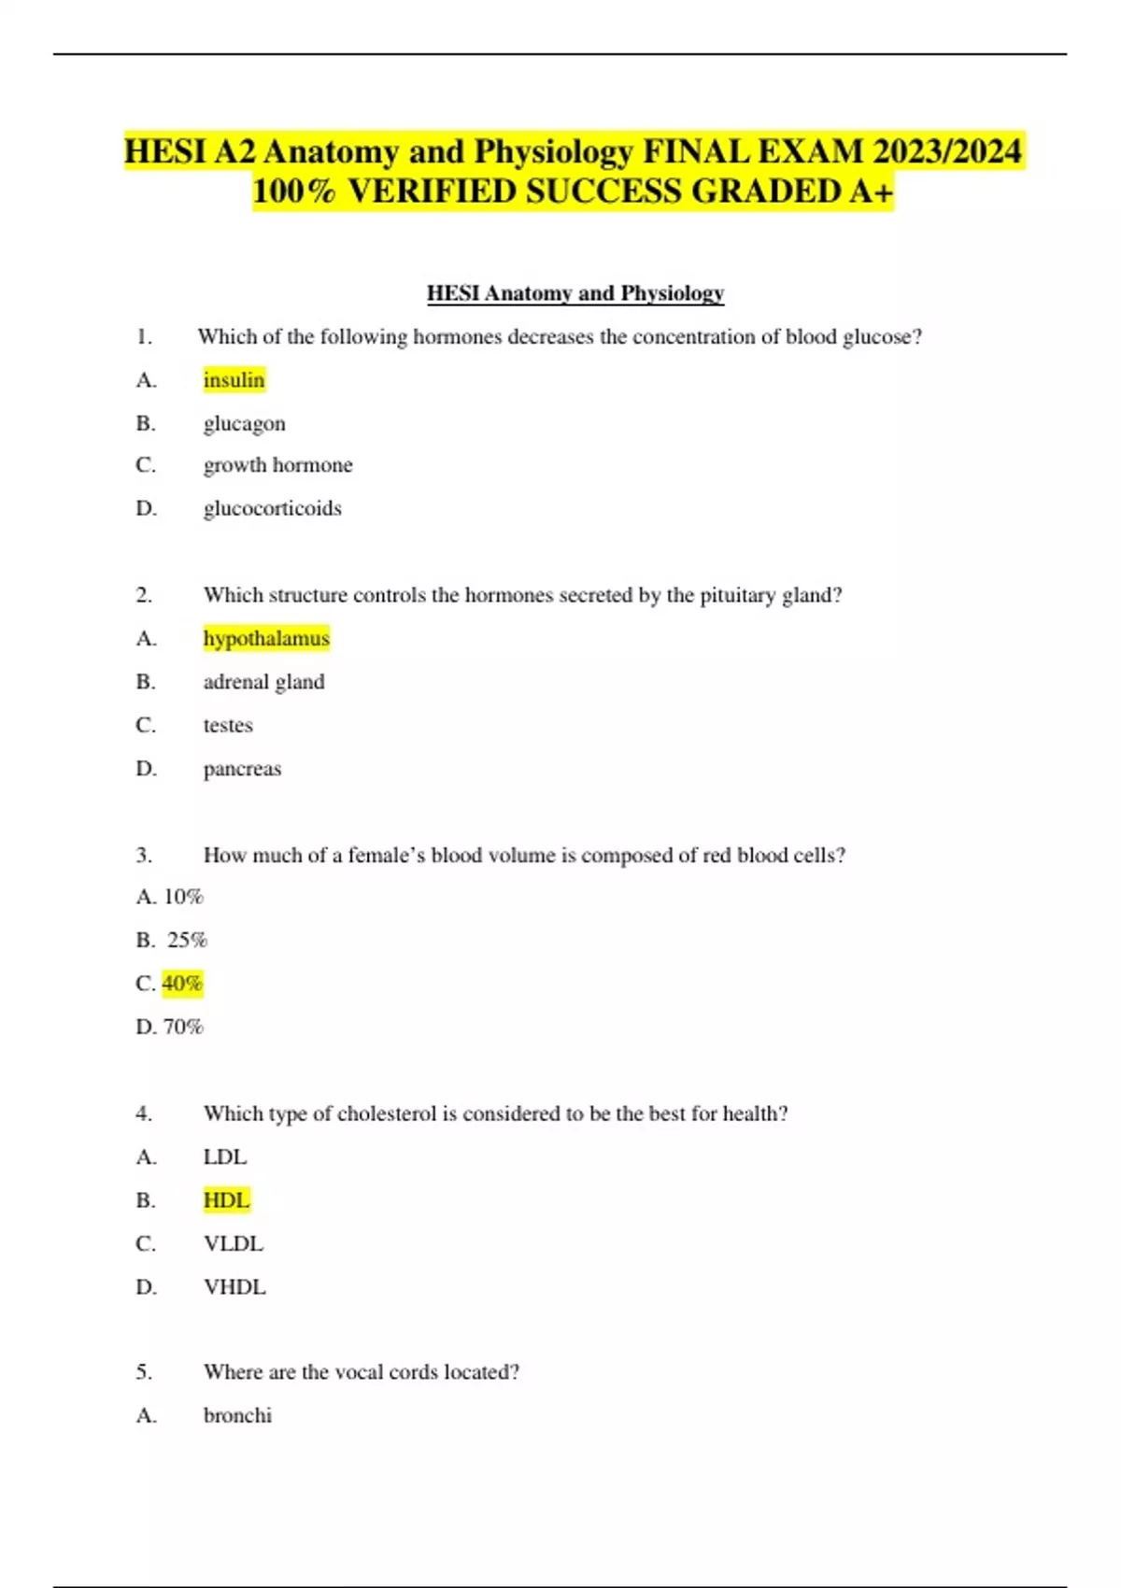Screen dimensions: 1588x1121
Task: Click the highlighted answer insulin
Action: [234, 380]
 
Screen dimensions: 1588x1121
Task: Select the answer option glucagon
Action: [244, 423]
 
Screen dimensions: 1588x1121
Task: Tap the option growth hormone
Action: [277, 465]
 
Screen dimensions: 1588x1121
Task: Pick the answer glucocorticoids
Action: [272, 508]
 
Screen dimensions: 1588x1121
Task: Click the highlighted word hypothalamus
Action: [266, 639]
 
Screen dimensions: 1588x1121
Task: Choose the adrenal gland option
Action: [263, 682]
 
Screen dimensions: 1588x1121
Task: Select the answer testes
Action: [228, 725]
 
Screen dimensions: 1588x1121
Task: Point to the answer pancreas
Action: [242, 769]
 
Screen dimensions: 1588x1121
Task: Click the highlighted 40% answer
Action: [182, 984]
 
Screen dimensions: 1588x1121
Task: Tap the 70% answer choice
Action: [183, 1027]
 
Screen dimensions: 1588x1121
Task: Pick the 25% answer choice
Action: [187, 940]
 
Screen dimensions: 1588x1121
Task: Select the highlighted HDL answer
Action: [226, 1200]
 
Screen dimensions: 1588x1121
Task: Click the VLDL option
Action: [234, 1244]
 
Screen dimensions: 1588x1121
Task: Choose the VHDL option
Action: [234, 1287]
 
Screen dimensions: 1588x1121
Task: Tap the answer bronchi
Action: [237, 1415]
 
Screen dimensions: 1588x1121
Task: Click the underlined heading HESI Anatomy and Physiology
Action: [575, 293]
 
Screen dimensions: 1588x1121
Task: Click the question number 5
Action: [144, 1372]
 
